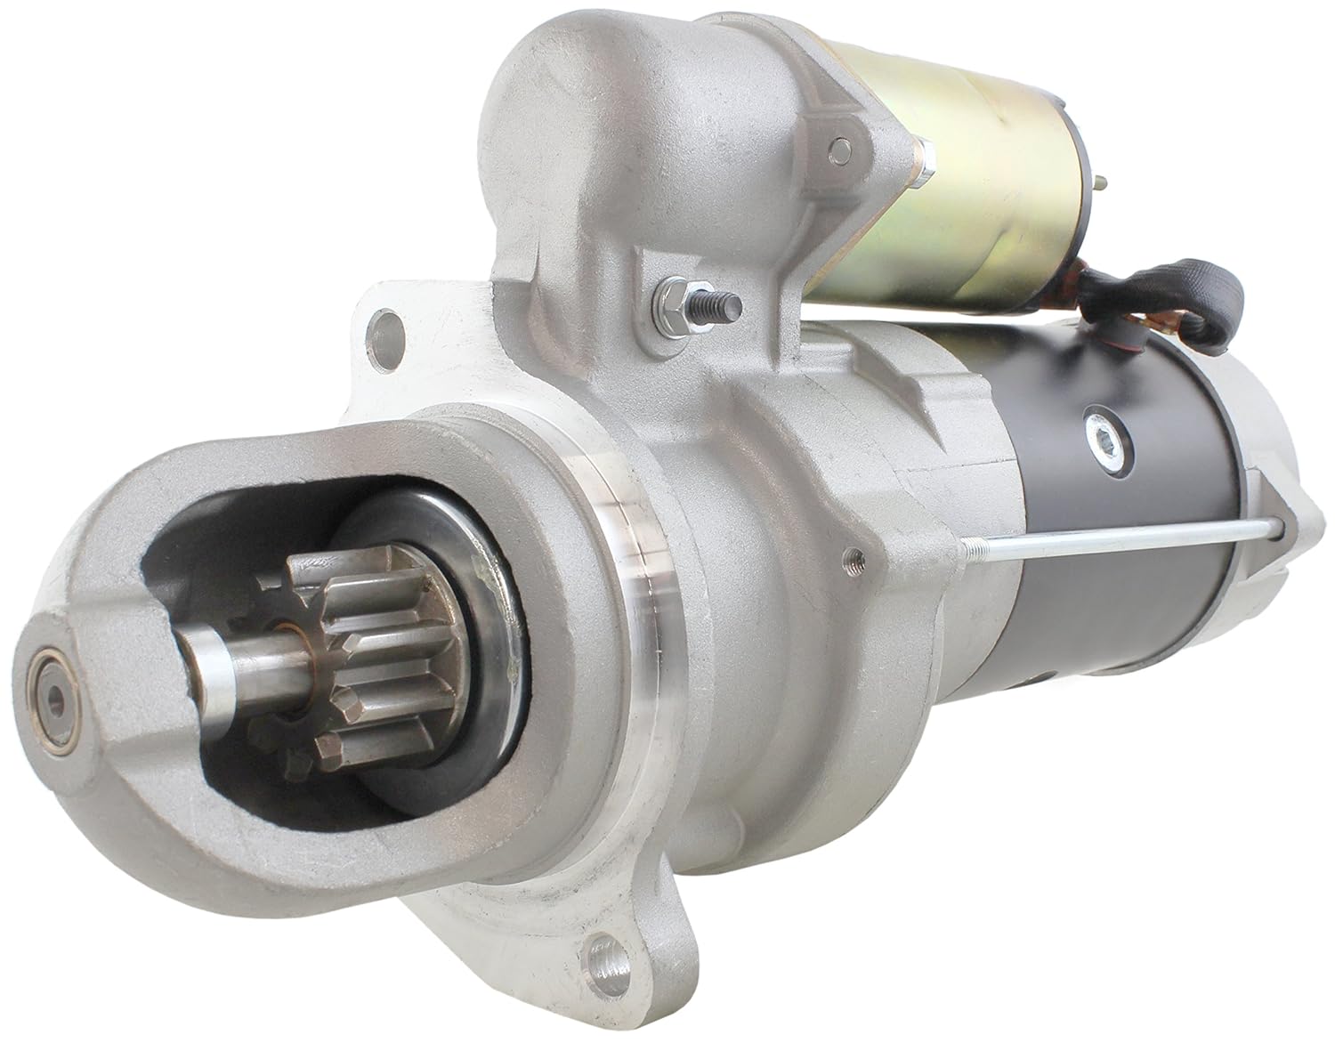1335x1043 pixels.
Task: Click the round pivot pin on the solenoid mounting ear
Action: (x=841, y=147)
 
